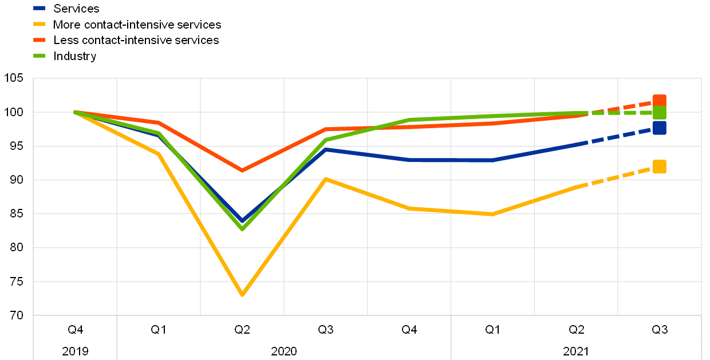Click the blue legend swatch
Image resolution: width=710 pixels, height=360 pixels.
tap(39, 8)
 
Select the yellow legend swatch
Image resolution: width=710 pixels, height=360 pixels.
tap(39, 24)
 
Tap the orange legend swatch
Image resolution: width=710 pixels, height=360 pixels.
tap(39, 40)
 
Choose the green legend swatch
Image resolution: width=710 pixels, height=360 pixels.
tap(39, 56)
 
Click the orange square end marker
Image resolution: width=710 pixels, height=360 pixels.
tap(659, 101)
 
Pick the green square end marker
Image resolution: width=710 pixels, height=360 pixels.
tap(659, 113)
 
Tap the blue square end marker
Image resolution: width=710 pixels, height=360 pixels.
tap(659, 128)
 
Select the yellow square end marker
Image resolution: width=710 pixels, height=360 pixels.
tap(659, 167)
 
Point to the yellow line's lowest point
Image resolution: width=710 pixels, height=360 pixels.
tap(242, 295)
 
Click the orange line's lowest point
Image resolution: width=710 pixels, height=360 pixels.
tap(242, 171)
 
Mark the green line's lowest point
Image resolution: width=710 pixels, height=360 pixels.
tap(242, 229)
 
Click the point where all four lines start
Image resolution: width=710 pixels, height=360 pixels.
tap(75, 112)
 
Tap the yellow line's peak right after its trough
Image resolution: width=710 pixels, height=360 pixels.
tap(325, 179)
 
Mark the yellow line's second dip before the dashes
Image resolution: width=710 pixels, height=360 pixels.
tap(492, 214)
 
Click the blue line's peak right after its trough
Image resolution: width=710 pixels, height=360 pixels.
tap(325, 149)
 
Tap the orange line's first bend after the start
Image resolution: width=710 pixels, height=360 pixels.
tap(159, 122)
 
